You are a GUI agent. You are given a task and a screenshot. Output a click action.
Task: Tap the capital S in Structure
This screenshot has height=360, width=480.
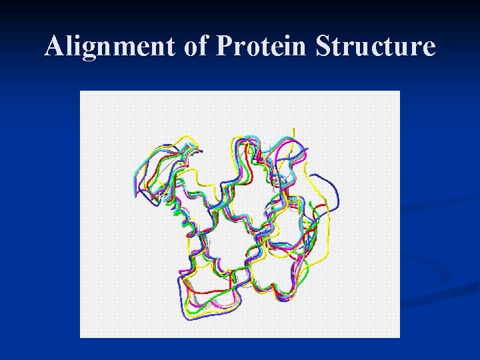[x=323, y=47]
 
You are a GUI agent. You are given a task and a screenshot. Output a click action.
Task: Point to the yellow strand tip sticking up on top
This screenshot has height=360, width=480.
[x=294, y=132]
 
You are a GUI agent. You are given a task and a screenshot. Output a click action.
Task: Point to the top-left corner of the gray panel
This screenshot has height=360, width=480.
[x=81, y=91]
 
